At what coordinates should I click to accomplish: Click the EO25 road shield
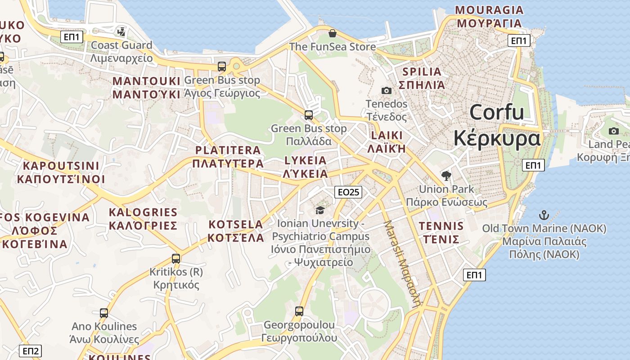[x=348, y=192]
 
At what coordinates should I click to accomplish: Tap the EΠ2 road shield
[x=31, y=351]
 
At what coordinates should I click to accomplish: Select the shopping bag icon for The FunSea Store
[x=332, y=33]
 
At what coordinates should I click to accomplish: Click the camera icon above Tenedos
[x=386, y=90]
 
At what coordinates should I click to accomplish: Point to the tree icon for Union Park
[x=446, y=176]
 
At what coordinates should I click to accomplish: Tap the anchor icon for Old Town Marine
[x=544, y=215]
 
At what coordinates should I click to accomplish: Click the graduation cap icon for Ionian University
[x=320, y=210]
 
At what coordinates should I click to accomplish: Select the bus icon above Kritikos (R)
[x=176, y=259]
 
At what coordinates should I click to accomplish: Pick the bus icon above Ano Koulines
[x=104, y=313]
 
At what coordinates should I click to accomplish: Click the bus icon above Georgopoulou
[x=299, y=311]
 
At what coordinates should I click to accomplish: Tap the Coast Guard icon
[x=121, y=31]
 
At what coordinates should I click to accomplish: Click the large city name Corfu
[x=497, y=112]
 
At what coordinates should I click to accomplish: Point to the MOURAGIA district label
[x=489, y=10]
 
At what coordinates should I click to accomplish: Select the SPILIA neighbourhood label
[x=422, y=72]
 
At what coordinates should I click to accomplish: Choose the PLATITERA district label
[x=228, y=150]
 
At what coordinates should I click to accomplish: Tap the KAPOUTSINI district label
[x=61, y=166]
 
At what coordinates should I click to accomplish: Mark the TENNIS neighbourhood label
[x=441, y=226]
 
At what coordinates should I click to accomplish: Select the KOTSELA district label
[x=236, y=225]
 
